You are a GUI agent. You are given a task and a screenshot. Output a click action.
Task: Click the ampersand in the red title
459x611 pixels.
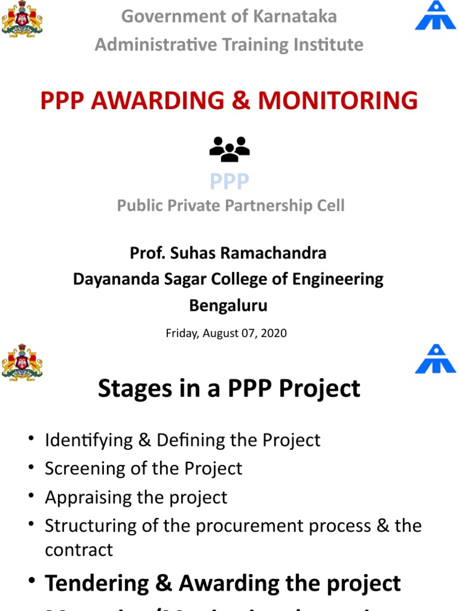240,100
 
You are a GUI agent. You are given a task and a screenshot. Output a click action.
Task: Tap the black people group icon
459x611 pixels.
229,149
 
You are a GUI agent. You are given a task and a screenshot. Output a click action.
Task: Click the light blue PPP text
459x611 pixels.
229,181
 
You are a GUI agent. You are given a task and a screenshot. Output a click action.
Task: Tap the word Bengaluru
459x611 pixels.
228,305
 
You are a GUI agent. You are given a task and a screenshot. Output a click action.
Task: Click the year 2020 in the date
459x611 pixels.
274,333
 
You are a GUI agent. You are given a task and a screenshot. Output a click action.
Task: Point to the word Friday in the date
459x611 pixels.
181,333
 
